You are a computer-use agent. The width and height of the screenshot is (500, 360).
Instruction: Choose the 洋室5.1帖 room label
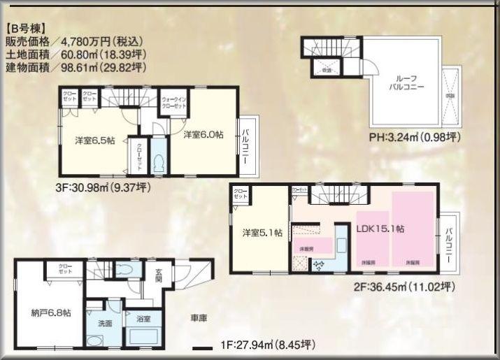[262, 233]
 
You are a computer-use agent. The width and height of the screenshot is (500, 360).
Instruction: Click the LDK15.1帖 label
[383, 228]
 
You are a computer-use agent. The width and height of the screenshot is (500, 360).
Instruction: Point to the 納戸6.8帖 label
[50, 312]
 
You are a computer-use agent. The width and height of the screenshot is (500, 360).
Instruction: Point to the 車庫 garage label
[198, 317]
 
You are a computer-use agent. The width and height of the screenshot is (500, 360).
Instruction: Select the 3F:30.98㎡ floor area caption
[103, 187]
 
